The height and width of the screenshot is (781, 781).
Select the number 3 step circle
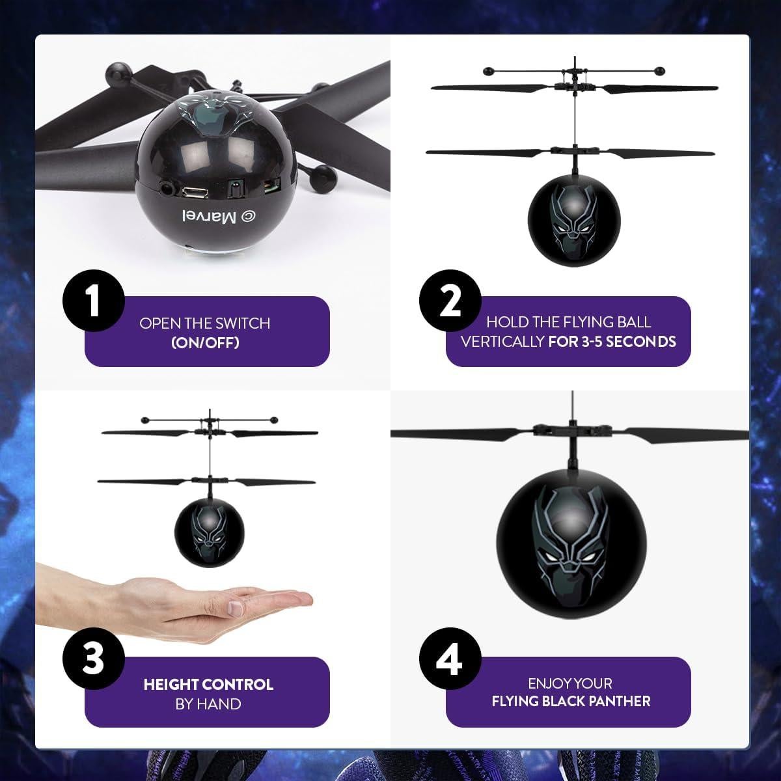click(x=93, y=659)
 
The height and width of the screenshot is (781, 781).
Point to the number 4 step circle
click(x=450, y=659)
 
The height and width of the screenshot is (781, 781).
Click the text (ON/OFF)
click(x=205, y=342)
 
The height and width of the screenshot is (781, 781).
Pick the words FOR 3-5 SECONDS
click(x=612, y=341)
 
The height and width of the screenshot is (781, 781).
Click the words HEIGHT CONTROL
click(x=208, y=684)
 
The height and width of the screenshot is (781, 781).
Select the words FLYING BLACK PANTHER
click(x=571, y=701)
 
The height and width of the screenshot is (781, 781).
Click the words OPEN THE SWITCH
click(x=204, y=323)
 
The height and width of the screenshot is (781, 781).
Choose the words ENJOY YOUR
click(x=570, y=683)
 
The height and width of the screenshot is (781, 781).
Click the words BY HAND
click(x=208, y=704)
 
